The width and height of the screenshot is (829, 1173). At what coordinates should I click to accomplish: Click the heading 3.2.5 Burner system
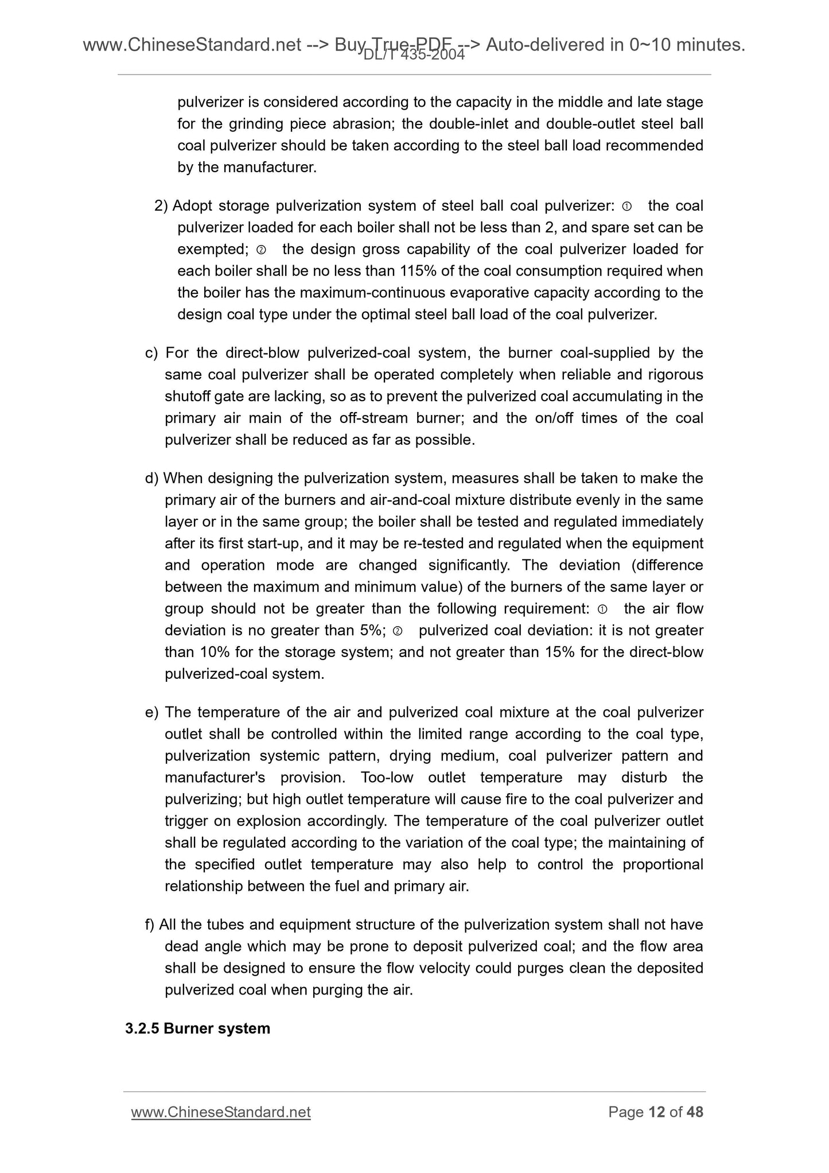[197, 1028]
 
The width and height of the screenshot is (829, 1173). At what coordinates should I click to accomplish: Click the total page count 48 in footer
[694, 1112]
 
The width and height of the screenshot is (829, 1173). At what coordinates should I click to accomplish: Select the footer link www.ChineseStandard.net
[221, 1112]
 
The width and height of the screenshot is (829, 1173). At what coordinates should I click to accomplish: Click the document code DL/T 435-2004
[414, 55]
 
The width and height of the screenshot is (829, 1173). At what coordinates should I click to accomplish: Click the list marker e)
[151, 712]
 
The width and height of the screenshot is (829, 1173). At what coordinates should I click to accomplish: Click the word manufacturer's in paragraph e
[215, 778]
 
